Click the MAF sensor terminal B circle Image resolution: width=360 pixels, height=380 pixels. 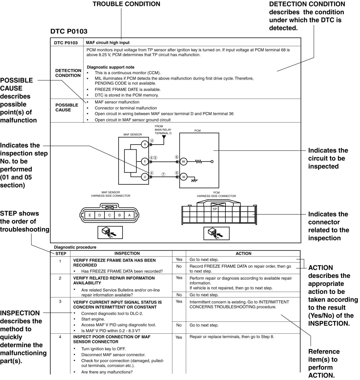click(x=145, y=144)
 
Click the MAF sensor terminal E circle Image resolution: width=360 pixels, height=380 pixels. click(x=145, y=161)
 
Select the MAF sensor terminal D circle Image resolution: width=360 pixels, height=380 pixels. click(x=145, y=177)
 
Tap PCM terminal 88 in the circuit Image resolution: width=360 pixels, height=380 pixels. click(x=184, y=161)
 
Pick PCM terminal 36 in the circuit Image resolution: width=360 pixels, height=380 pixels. click(x=184, y=177)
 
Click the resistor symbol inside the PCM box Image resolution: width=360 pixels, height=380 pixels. click(x=199, y=162)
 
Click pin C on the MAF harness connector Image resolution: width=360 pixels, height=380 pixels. click(x=110, y=215)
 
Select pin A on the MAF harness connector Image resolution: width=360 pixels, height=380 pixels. click(x=129, y=215)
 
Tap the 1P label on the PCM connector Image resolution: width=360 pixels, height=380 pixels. click(x=215, y=209)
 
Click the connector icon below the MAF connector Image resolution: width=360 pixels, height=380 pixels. click(x=110, y=233)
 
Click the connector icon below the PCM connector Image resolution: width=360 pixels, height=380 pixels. click(x=216, y=233)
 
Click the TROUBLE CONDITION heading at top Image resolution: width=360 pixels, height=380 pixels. click(x=126, y=4)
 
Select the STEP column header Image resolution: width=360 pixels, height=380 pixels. click(x=61, y=254)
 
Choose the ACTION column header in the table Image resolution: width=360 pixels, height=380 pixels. click(x=243, y=254)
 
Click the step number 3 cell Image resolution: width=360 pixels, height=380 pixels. click(x=60, y=302)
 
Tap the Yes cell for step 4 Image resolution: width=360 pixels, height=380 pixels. click(x=179, y=337)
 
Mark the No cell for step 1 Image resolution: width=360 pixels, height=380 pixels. click(x=179, y=266)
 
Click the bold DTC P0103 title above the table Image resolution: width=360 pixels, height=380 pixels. click(x=69, y=31)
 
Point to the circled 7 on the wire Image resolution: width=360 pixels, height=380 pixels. click(x=163, y=174)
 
